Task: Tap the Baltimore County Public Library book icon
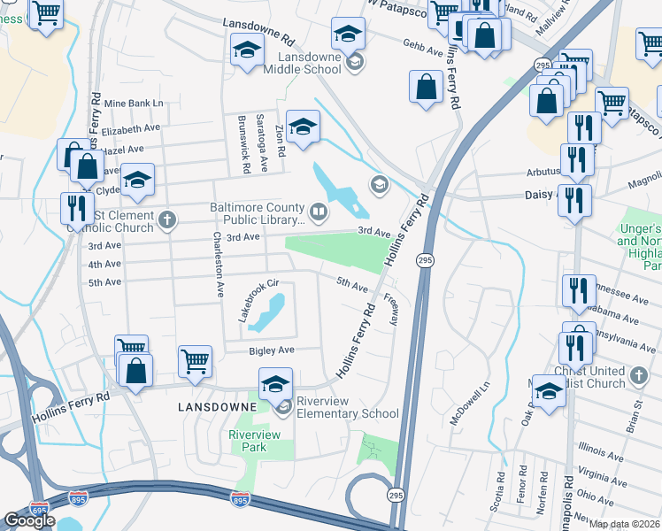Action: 317,212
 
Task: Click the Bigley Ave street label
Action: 272,350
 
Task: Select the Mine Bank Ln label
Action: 134,104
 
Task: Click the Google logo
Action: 29,519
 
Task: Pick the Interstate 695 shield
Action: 40,510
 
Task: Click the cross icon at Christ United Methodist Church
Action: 639,377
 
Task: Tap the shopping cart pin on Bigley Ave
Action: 195,360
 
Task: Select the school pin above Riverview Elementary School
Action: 275,384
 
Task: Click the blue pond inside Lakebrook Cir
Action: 267,313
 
